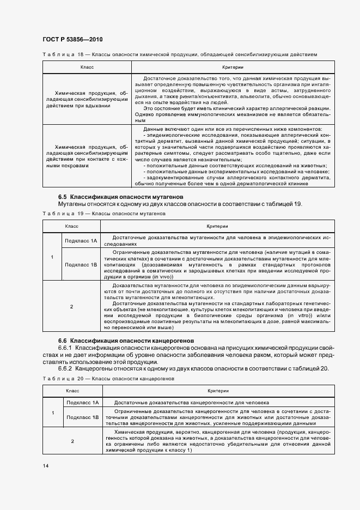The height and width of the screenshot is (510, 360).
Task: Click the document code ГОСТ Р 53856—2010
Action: pyautogui.click(x=72, y=40)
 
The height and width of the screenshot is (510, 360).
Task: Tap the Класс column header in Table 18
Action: pyautogui.click(x=87, y=67)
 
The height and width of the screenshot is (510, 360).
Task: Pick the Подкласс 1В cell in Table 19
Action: pyautogui.click(x=81, y=264)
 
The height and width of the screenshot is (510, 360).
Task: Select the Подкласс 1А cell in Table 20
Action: pyautogui.click(x=81, y=402)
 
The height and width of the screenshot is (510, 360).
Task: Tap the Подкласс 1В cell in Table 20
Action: pyautogui.click(x=81, y=417)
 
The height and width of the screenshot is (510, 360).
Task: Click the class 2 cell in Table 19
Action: pyautogui.click(x=71, y=307)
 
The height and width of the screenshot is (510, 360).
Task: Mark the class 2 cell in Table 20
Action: pyautogui.click(x=71, y=441)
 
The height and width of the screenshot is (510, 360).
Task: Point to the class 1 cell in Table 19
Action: pyautogui.click(x=52, y=257)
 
